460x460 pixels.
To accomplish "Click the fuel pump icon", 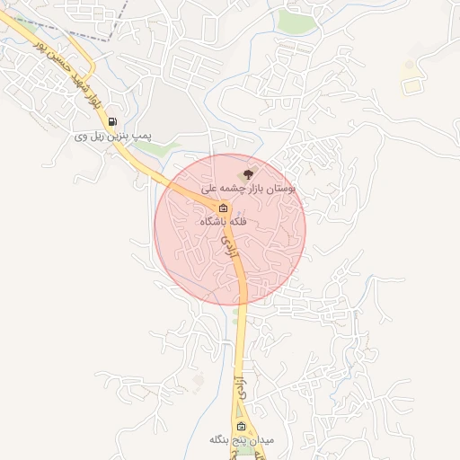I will tap(111, 121).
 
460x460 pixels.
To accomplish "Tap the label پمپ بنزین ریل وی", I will tap(111, 137).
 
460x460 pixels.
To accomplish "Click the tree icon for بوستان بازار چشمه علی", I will tap(248, 174).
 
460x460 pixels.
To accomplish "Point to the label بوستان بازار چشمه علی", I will tap(256, 190).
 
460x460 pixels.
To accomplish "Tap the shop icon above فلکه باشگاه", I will tap(223, 208).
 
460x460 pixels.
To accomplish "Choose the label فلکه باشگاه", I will tap(225, 221).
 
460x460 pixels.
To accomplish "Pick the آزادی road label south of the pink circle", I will tap(240, 389).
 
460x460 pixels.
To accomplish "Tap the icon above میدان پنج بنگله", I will tap(240, 426).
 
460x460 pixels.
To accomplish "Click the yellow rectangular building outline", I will tap(411, 86).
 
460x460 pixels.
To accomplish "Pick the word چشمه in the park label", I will tap(239, 190).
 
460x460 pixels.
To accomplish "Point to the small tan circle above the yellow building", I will tap(410, 65).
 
